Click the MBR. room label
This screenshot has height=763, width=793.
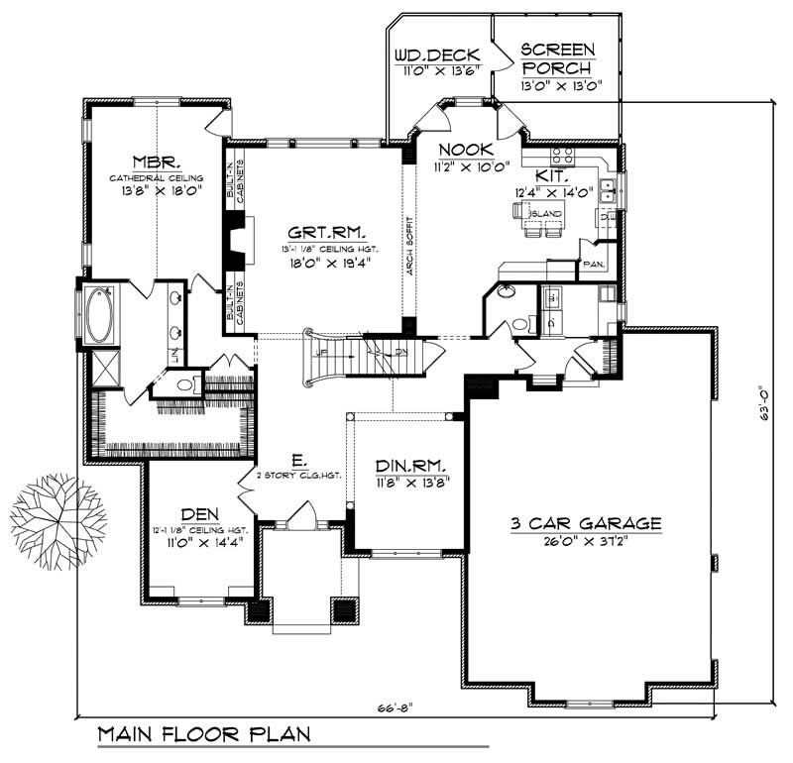(x=157, y=161)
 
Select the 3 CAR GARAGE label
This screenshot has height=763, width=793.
(x=586, y=524)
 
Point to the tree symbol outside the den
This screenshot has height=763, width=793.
(x=57, y=520)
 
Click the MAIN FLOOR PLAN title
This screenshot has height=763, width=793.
(x=203, y=735)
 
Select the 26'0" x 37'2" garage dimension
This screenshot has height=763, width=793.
(x=586, y=542)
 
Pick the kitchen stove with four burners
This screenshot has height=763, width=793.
(x=562, y=156)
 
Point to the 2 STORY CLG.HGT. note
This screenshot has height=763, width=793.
(x=298, y=476)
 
